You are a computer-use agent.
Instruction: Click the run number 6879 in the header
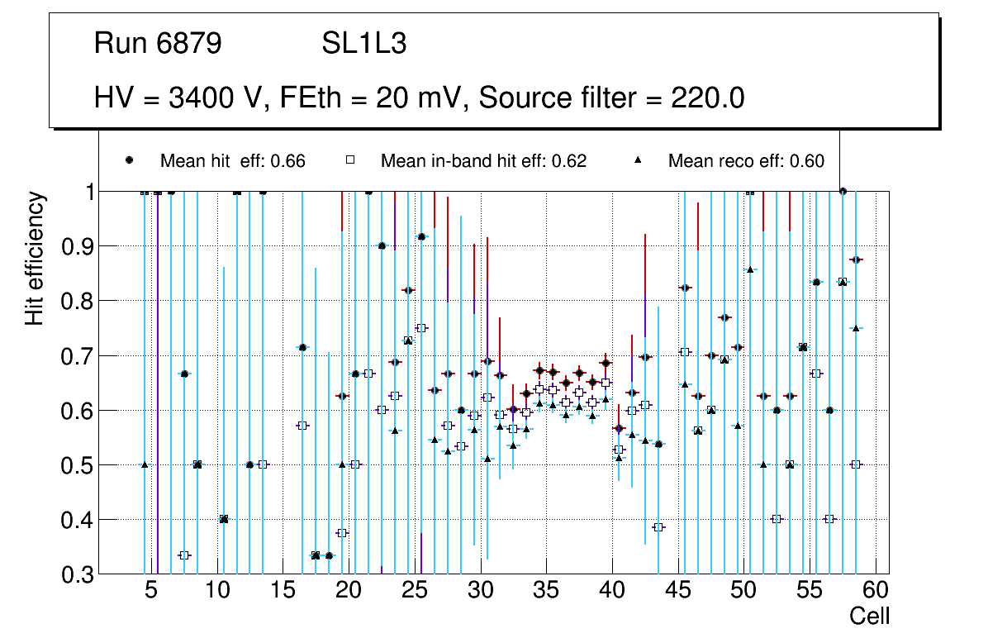tap(190, 45)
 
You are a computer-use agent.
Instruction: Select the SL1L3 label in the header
tap(363, 45)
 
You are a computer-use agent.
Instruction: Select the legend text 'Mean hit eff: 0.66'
tap(232, 161)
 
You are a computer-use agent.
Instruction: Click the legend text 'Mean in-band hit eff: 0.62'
tap(483, 161)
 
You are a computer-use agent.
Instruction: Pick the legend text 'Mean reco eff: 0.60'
tap(746, 161)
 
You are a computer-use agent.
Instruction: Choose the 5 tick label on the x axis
tap(151, 590)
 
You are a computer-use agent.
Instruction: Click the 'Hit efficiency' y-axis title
tap(35, 258)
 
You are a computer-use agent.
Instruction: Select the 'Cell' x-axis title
tap(870, 616)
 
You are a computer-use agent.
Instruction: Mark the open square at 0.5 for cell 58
tap(856, 464)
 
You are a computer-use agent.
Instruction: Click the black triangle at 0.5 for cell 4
tap(145, 464)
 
